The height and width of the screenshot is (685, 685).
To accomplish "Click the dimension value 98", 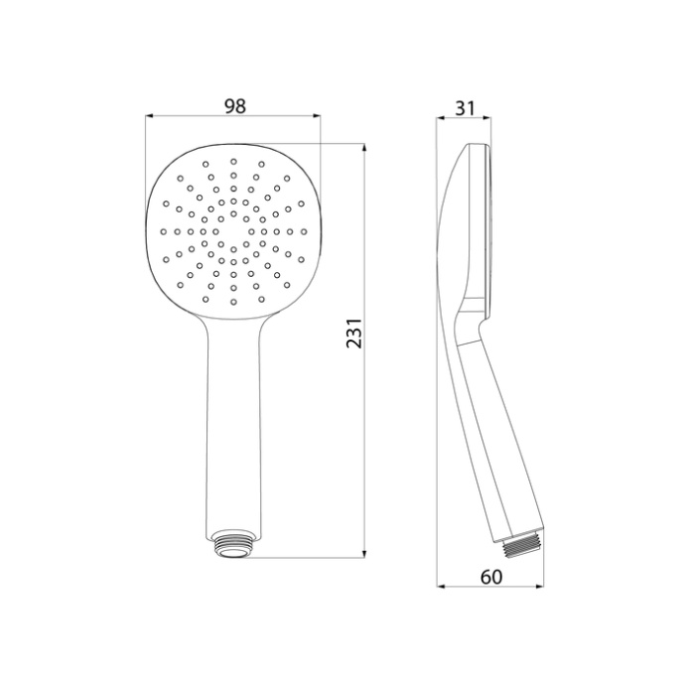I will pos(234,105).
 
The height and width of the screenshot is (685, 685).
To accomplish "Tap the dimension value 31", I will pos(464,105).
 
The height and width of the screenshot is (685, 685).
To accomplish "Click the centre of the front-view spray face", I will pos(234,231).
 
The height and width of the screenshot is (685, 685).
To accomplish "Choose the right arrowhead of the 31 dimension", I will pos(488,117).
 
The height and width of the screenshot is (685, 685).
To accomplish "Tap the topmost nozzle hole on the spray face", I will pos(234,161).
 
